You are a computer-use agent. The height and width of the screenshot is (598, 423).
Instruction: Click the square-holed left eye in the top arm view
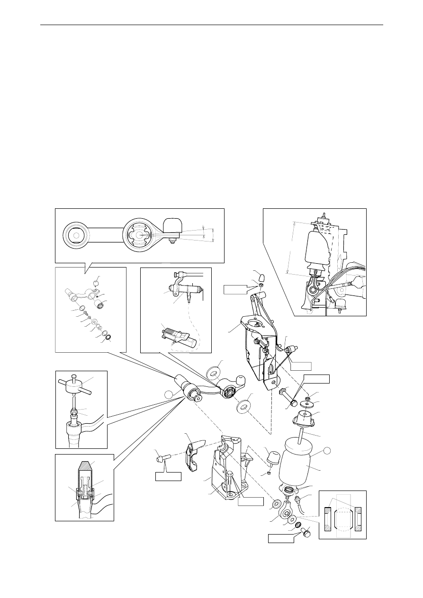click(76, 233)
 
